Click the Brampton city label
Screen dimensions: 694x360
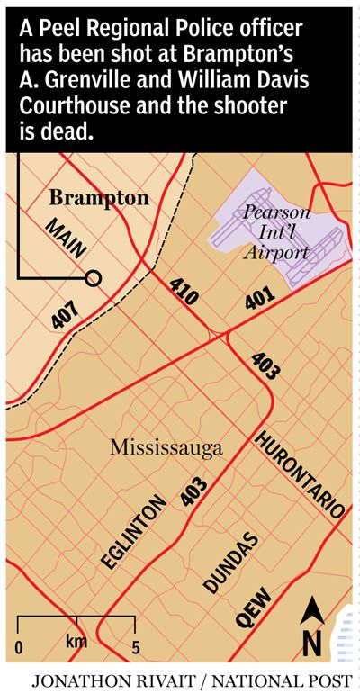pos(99,196)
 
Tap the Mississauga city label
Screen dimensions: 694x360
pos(166,447)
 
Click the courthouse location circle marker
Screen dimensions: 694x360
pos(93,279)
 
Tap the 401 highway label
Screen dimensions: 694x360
pos(259,301)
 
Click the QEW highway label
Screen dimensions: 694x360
pos(254,617)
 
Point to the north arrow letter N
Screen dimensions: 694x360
pos(312,644)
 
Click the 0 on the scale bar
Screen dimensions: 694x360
pos(19,648)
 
